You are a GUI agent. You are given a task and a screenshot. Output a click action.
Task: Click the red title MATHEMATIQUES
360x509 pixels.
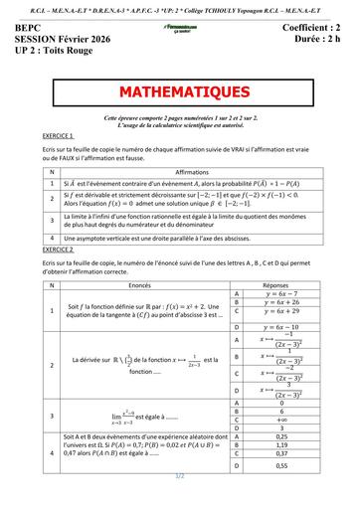pos(180,91)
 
